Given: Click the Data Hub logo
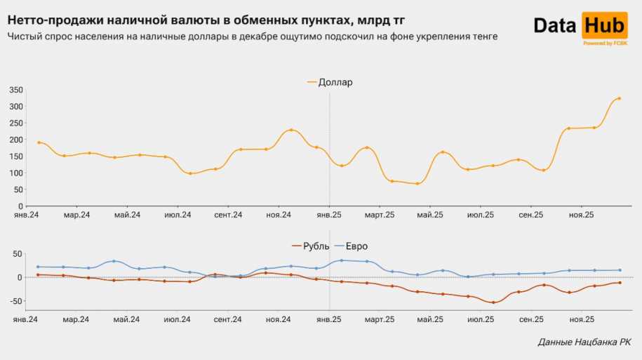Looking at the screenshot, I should (580, 29).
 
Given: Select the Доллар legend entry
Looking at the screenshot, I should (330, 82).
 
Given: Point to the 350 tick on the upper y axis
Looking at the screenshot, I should (16, 90).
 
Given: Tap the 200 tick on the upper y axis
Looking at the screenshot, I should (16, 140).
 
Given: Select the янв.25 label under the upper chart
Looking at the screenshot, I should (330, 215).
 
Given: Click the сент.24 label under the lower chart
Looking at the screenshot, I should (228, 319).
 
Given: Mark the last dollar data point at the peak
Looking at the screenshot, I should (619, 98).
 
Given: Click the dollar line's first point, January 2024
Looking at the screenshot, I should (39, 142).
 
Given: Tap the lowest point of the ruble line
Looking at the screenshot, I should (493, 302).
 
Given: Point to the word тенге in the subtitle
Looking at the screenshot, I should (483, 36).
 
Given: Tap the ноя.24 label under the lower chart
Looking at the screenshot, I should (279, 319).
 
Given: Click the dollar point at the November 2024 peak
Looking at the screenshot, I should (291, 130).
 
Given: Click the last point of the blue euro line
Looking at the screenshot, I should (620, 270).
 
